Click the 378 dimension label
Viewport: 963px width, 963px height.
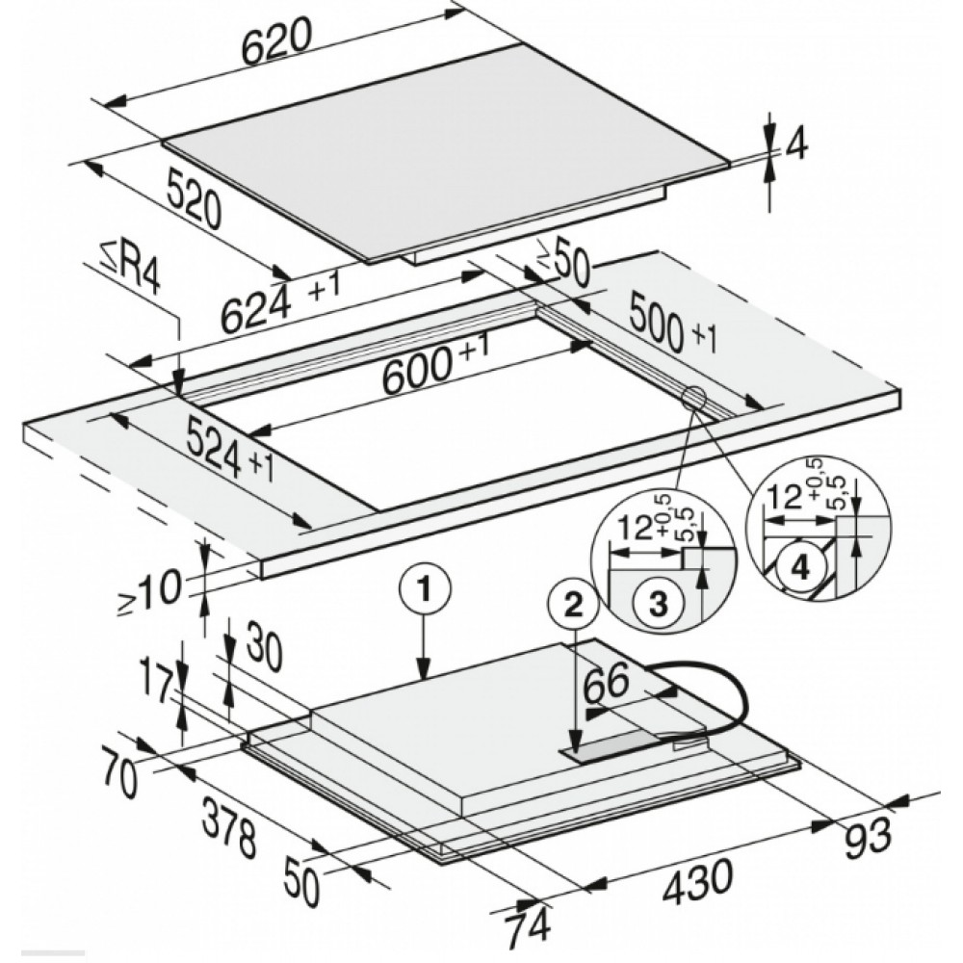(229, 826)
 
